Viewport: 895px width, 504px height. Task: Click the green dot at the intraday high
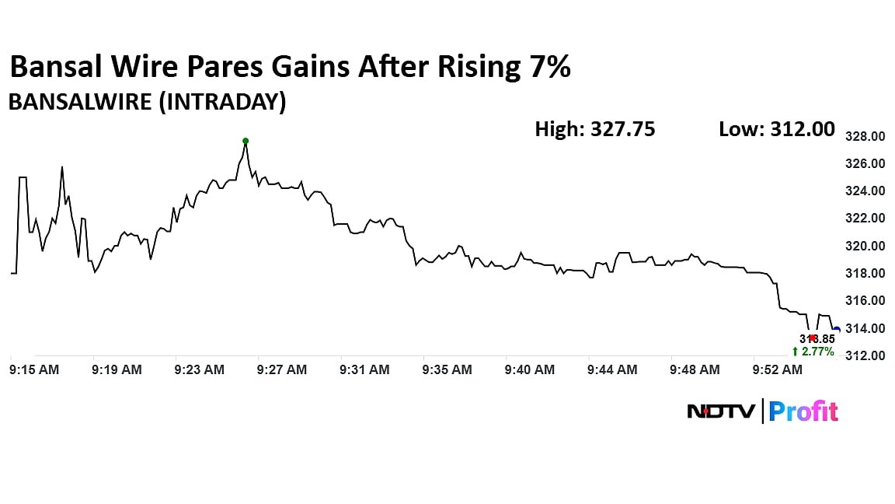point(246,141)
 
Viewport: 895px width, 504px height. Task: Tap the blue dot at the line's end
point(836,330)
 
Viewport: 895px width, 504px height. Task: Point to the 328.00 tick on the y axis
point(865,137)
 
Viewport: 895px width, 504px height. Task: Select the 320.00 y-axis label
point(865,246)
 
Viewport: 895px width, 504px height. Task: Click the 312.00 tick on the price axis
point(865,356)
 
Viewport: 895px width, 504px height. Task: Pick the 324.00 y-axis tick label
point(865,191)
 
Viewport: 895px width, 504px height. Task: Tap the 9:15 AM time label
point(34,370)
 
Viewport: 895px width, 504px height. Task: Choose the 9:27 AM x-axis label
point(281,370)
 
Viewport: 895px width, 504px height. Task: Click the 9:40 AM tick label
point(529,370)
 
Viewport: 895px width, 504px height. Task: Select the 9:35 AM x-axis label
point(447,370)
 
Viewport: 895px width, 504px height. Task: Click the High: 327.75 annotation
point(594,129)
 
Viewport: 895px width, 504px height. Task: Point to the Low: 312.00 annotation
point(777,129)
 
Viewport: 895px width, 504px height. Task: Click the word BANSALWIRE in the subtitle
point(79,102)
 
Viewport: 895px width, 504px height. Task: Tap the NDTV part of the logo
point(720,411)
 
